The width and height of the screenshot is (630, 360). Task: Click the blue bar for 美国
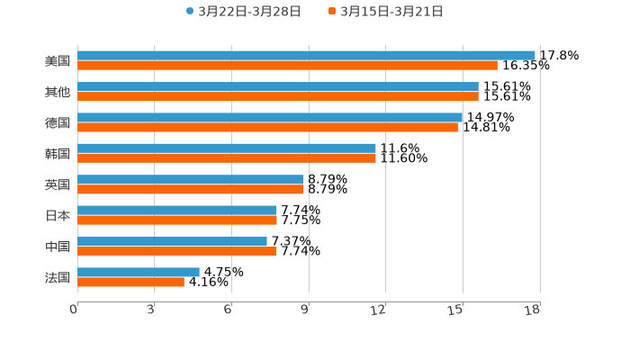click(306, 56)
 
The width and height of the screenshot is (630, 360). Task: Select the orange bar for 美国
click(287, 66)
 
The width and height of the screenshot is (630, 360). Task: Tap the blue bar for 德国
click(270, 117)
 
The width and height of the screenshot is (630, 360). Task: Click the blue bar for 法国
click(139, 272)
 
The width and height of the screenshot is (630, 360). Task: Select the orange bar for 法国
click(130, 282)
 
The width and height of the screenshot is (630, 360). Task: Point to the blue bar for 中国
click(172, 241)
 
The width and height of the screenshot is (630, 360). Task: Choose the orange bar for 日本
click(177, 220)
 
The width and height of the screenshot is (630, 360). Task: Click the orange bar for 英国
click(191, 189)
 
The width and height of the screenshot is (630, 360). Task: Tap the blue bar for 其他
click(278, 86)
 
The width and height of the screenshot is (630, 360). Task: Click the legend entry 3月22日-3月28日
click(243, 12)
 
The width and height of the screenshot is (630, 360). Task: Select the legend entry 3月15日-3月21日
click(387, 12)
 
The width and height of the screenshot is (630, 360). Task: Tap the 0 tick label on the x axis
click(74, 310)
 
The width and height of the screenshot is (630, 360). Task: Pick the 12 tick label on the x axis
click(379, 310)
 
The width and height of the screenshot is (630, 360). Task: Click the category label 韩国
click(58, 153)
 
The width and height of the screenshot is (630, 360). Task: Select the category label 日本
click(58, 215)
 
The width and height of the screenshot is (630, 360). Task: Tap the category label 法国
click(58, 277)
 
